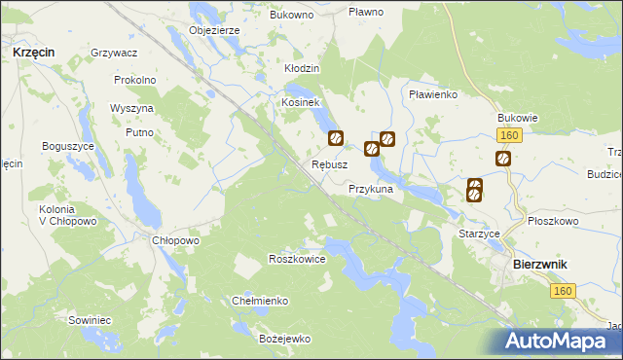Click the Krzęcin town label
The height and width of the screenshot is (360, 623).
[34, 50]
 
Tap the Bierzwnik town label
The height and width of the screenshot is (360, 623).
[540, 264]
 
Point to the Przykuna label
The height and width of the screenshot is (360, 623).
[370, 190]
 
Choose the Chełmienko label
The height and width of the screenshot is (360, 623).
[260, 301]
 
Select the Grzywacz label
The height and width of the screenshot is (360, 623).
[113, 52]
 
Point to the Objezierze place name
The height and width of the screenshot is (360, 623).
[214, 30]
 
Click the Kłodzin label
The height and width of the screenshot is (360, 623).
[302, 69]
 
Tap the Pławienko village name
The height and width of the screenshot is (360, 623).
[433, 94]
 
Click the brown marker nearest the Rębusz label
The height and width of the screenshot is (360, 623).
[336, 139]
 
